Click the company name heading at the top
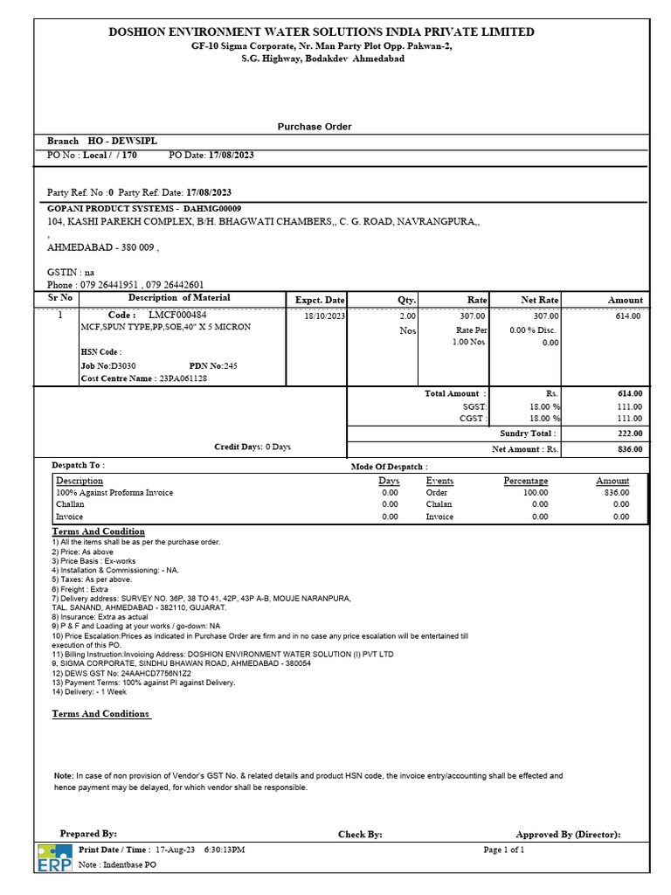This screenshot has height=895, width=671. click(x=321, y=31)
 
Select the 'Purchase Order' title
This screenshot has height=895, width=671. click(x=315, y=127)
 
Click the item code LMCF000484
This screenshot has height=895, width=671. click(x=177, y=315)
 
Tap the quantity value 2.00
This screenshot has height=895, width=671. click(x=407, y=316)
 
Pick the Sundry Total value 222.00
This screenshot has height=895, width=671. click(x=629, y=434)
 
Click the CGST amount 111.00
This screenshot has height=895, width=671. click(x=629, y=419)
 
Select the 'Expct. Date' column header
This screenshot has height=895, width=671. click(x=320, y=300)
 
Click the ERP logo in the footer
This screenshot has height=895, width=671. click(x=54, y=858)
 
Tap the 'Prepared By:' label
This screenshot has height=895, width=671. click(x=88, y=834)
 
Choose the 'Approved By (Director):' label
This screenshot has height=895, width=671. click(x=568, y=835)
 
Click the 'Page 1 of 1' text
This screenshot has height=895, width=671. click(x=504, y=850)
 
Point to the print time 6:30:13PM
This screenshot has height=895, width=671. click(x=225, y=850)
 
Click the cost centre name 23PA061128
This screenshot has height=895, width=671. click(x=182, y=378)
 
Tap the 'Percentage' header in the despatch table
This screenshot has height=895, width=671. click(x=526, y=481)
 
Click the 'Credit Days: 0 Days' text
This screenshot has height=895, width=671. click(x=252, y=447)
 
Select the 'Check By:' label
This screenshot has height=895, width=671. click(x=360, y=835)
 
